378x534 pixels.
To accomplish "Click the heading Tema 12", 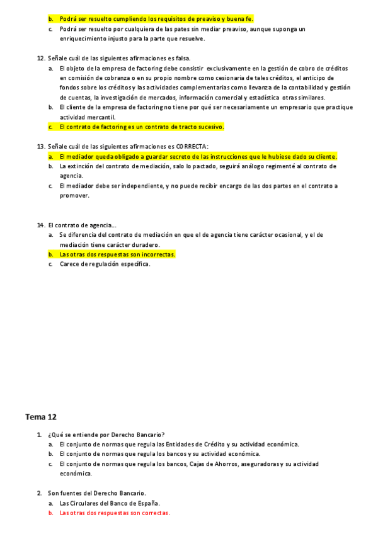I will coord(41,417).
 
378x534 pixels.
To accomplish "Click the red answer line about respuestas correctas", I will coord(115,513).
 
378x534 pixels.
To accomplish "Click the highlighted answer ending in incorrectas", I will coord(117,254).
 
